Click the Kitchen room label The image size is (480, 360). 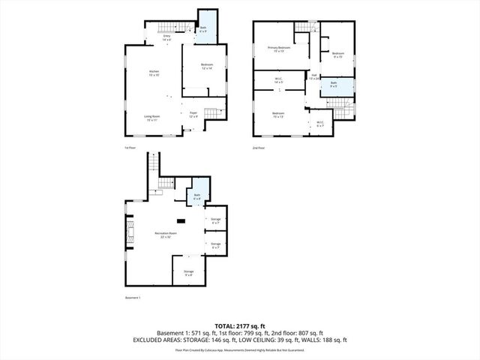pos(153,73)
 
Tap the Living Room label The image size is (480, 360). pos(153,118)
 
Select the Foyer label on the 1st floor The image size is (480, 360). pos(193,115)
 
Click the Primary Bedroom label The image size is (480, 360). pos(279,49)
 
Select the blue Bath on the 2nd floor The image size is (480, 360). pos(334,85)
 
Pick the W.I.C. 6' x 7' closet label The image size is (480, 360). pos(320,124)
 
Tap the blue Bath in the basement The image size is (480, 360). pos(198,196)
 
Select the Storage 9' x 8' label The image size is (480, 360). pos(188,273)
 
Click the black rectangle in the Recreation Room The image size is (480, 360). pos(181,220)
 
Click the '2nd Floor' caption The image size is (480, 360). pos(259,148)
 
